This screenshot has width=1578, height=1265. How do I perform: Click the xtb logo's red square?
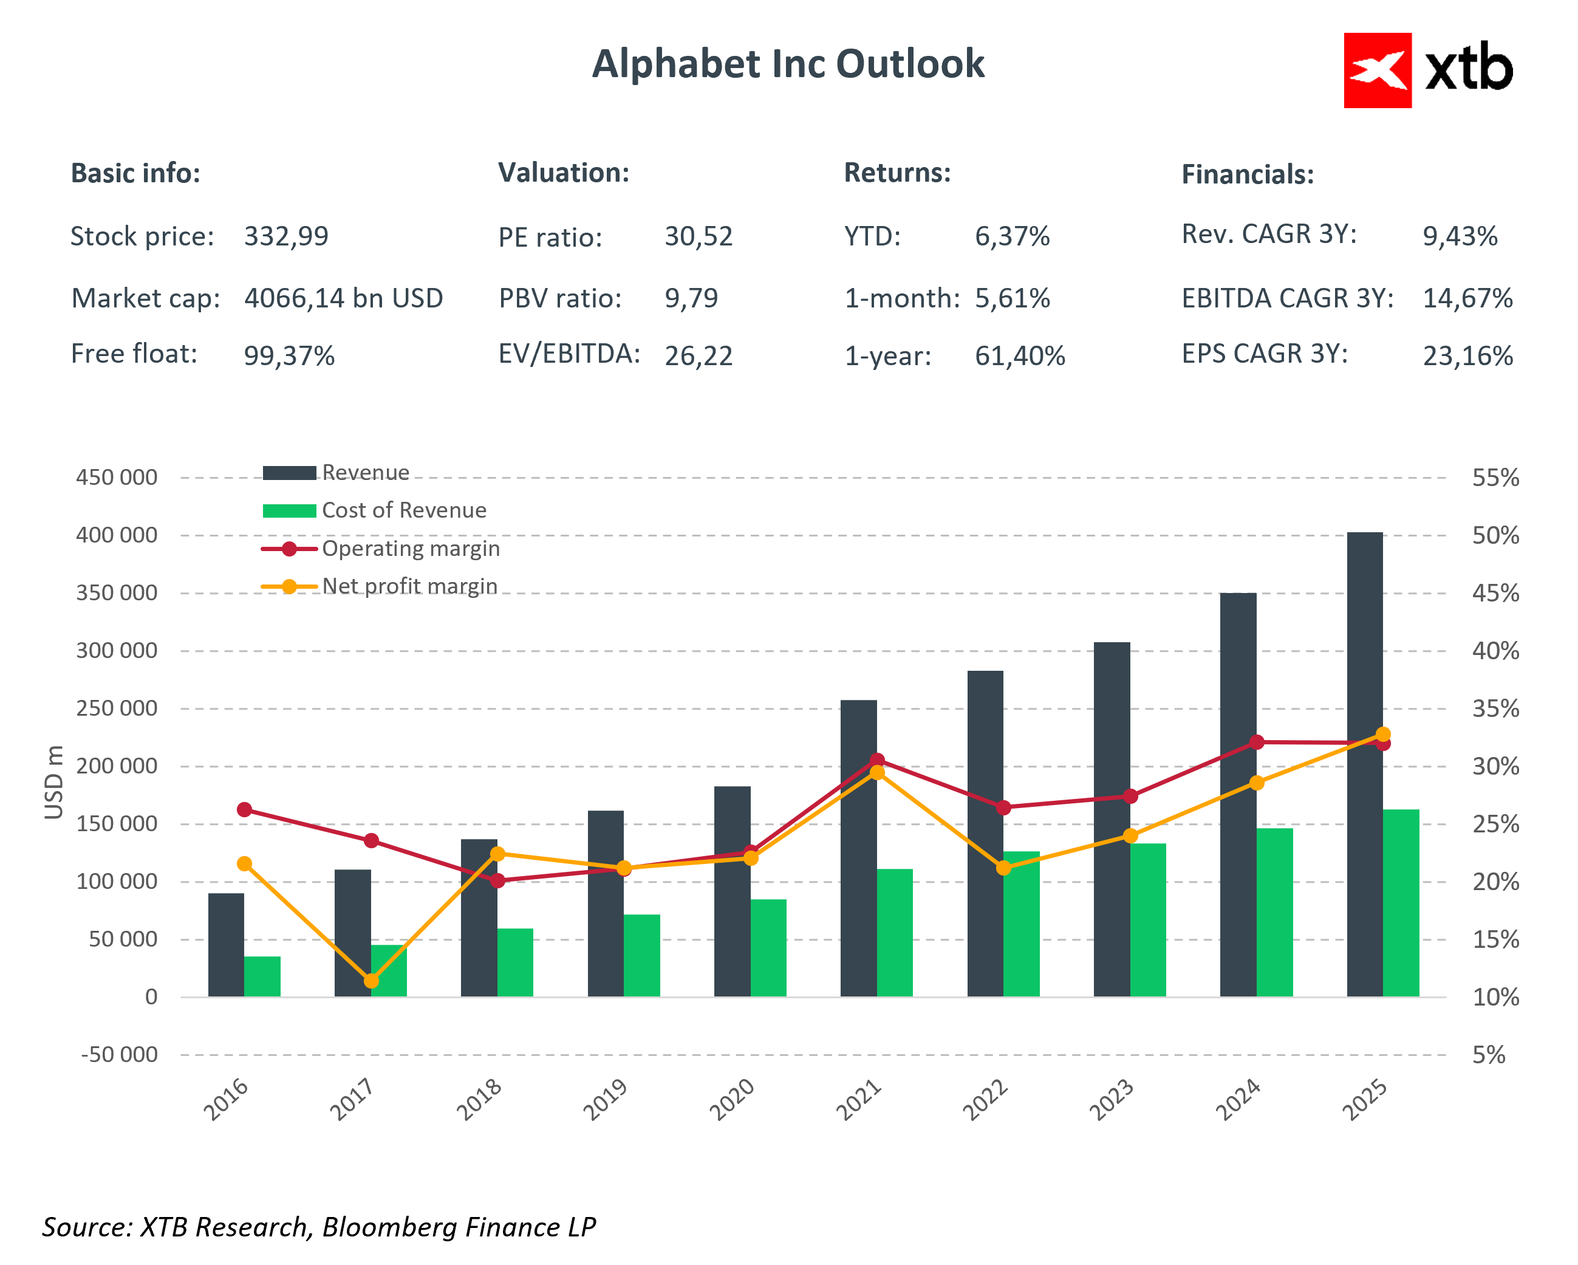(x=1377, y=70)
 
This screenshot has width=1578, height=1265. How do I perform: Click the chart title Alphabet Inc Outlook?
(x=788, y=64)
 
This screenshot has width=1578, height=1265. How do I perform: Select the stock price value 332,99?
(x=286, y=236)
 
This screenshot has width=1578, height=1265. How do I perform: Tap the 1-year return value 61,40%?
(x=1020, y=356)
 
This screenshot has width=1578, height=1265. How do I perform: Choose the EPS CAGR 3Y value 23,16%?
(x=1467, y=356)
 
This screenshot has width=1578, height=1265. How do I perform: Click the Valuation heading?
(x=564, y=173)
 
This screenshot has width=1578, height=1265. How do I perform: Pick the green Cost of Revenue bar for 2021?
(x=895, y=933)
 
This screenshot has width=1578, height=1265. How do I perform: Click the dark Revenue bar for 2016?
(x=226, y=944)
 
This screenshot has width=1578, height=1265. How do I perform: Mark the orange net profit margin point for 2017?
(x=371, y=980)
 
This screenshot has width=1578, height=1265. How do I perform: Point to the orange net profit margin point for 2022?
(x=1003, y=868)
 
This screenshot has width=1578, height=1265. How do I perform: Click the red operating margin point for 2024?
(x=1257, y=742)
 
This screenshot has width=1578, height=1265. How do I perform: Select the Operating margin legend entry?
(x=411, y=548)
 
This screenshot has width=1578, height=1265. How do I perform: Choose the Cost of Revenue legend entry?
(x=403, y=510)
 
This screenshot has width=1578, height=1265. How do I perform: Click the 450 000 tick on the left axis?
(x=117, y=478)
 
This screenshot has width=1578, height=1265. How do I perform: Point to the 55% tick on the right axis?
(x=1495, y=478)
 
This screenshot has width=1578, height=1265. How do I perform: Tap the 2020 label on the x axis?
(x=732, y=1100)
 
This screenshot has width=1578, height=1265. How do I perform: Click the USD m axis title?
(x=53, y=782)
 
